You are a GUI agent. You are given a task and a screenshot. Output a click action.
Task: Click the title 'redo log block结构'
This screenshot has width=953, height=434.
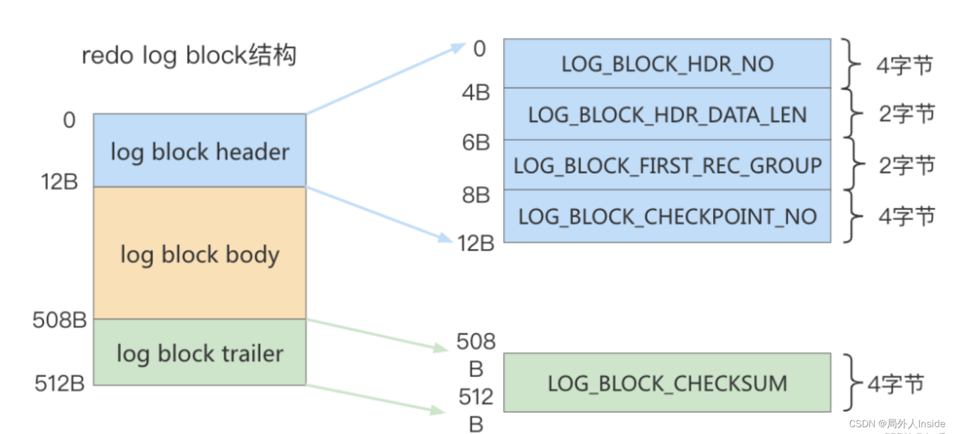(189, 55)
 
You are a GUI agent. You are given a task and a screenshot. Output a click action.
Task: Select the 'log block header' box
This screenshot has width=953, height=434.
(199, 151)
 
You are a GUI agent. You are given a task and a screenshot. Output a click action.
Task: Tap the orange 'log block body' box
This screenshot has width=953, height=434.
(199, 254)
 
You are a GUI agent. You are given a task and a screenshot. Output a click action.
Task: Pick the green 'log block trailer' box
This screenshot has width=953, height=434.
(199, 353)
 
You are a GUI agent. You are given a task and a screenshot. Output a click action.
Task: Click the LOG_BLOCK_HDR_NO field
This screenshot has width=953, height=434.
(666, 64)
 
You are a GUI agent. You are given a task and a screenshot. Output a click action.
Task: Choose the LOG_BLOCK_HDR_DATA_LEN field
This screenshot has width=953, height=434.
(666, 114)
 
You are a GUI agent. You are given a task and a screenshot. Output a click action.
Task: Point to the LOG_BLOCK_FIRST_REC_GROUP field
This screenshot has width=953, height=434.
(666, 165)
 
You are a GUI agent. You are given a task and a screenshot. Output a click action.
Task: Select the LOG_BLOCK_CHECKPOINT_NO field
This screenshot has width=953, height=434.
(666, 216)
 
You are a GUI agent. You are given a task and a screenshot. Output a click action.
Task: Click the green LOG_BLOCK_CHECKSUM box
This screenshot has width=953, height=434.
(666, 383)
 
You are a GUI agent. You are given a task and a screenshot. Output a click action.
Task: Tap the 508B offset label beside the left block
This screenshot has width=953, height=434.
(59, 320)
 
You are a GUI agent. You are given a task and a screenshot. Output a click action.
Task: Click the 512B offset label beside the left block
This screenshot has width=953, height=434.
(59, 383)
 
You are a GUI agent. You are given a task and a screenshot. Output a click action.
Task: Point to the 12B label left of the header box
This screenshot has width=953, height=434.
(59, 182)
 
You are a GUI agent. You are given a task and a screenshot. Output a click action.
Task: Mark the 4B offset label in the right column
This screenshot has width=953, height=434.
(475, 93)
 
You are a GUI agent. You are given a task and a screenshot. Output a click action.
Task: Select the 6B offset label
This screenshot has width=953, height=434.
(475, 142)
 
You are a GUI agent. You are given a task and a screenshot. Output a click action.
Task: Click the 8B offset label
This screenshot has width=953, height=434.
(475, 195)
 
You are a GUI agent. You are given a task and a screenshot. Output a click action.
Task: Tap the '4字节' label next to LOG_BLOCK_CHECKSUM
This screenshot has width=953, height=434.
(895, 384)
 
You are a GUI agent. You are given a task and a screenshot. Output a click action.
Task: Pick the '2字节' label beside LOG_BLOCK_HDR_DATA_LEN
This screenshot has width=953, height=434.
(907, 114)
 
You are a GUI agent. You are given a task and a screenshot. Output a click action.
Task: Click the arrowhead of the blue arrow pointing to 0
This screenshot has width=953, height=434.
(459, 47)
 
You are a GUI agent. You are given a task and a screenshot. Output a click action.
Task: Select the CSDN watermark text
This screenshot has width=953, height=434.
(897, 424)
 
